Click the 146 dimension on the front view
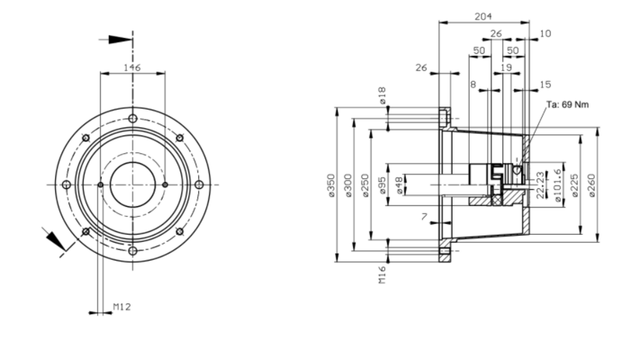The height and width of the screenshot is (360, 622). coord(132,68)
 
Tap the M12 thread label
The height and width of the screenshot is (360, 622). coord(122,307)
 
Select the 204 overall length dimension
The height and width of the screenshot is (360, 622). coord(484,16)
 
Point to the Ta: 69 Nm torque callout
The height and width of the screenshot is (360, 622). coord(565,104)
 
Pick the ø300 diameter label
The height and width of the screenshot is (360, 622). coord(348,185)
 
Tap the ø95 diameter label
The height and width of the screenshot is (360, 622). coord(382,185)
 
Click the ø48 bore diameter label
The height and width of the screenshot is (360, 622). coord(399,185)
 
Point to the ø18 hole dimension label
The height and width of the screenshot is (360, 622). coord(382,96)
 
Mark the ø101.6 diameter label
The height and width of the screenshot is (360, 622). coord(557,185)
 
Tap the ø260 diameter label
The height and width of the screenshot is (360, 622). coord(592,185)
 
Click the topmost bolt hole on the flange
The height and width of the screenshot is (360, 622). coord(132,118)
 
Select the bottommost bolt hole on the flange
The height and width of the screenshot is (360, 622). coord(132,250)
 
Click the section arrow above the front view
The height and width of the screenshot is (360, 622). coord(117,39)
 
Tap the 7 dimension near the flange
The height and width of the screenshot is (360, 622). coord(425,217)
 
